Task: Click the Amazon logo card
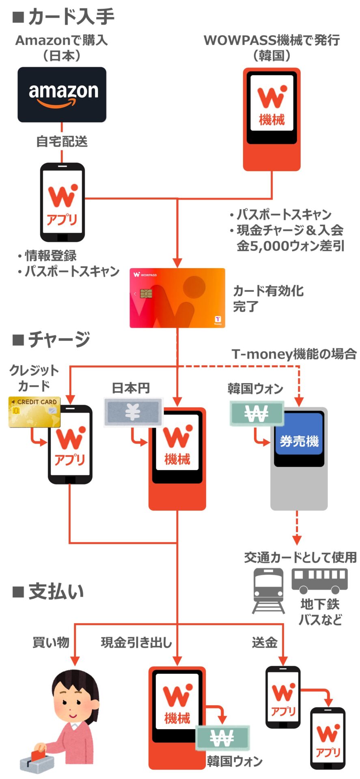[62, 95]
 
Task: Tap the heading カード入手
[71, 17]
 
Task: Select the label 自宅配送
[62, 142]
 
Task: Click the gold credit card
[34, 412]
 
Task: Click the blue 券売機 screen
[299, 441]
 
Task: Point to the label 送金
[265, 642]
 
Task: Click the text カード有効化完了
[268, 298]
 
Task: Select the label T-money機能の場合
[294, 354]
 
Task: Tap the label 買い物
[51, 642]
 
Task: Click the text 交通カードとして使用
[300, 557]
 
